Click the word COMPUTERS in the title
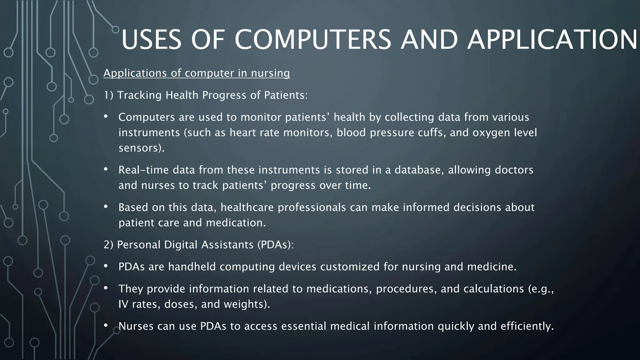(x=313, y=40)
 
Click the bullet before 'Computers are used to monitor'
(x=106, y=117)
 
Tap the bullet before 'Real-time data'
(x=106, y=170)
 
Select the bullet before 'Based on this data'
(x=106, y=207)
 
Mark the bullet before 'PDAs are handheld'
(x=106, y=266)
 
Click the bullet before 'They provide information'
(x=106, y=288)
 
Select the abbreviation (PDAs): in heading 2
(x=276, y=245)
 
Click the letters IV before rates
(x=123, y=304)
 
